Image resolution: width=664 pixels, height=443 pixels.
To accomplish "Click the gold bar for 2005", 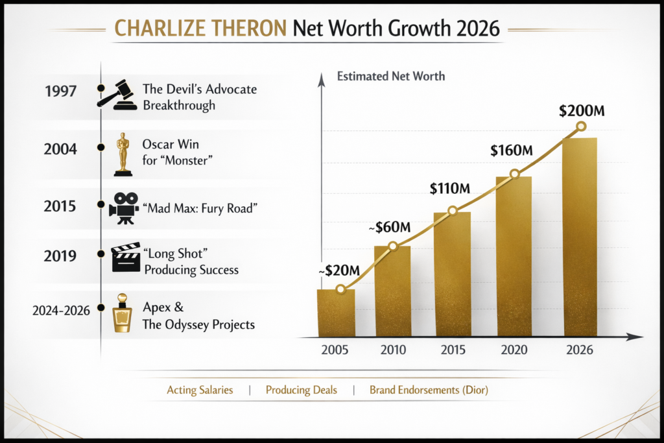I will [x=335, y=313].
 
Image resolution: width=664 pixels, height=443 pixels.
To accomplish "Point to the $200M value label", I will [x=582, y=111].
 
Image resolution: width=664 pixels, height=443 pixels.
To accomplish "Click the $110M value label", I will [x=449, y=189].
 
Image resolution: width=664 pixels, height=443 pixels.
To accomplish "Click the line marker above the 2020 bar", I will [x=515, y=174].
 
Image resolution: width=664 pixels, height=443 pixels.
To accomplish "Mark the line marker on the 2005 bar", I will [x=340, y=289].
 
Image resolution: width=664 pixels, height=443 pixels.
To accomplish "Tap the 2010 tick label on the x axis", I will [x=394, y=350].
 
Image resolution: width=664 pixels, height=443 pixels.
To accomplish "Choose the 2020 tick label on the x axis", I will [x=513, y=350].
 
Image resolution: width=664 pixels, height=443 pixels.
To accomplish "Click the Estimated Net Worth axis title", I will [x=391, y=77].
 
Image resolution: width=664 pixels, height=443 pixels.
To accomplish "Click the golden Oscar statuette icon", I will [x=123, y=154].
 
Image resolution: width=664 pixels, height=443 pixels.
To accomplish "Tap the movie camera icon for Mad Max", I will [x=123, y=208].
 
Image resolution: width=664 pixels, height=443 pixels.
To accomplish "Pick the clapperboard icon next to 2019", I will [x=125, y=257].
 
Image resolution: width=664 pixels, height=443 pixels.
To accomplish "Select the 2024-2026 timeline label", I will [x=60, y=311].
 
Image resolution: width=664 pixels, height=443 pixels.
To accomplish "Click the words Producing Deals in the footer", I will [x=301, y=390].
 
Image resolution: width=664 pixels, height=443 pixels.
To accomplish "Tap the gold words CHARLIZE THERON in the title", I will [x=200, y=29].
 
